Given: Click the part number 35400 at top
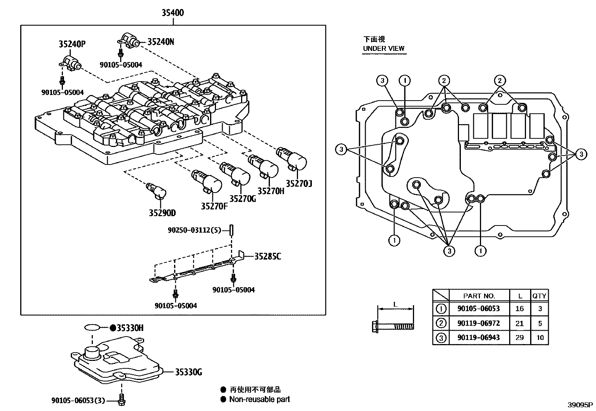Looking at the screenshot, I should tap(173, 13).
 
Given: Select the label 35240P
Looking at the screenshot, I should tap(72, 45).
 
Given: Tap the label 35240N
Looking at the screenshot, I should tap(161, 42).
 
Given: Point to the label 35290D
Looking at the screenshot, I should tap(162, 213).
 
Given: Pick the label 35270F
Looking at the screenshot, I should tap(214, 206).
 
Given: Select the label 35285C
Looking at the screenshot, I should tap(268, 257).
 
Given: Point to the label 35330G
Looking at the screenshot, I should tap(189, 372).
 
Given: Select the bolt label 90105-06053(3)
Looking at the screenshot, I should tap(78, 401).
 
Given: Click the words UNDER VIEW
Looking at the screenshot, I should tap(384, 48).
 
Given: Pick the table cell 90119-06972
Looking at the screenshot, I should tap(478, 323).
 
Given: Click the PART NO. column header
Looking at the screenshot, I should tap(479, 296).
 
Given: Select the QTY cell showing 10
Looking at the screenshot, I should tap(539, 338).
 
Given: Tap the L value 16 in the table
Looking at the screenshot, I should tap(519, 309).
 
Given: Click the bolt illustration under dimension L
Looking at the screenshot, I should tap(393, 326).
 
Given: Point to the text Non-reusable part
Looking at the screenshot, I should tap(259, 399).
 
